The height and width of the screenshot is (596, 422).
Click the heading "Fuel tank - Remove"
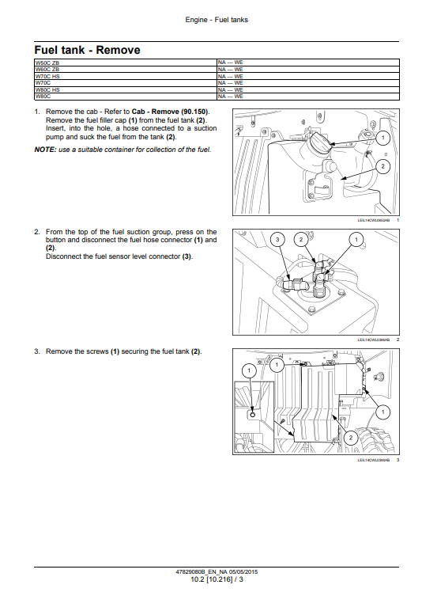87,50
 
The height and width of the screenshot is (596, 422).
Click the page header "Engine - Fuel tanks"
217,20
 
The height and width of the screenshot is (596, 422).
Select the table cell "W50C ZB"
126,63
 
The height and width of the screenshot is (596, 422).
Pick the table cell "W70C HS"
126,77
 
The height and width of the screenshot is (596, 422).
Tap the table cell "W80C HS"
126,90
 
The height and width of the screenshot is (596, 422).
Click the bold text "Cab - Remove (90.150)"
170,112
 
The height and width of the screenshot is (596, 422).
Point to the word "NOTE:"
45,150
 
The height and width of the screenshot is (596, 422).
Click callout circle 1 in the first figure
383,138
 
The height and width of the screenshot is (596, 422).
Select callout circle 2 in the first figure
383,166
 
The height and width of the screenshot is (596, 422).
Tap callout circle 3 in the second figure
277,240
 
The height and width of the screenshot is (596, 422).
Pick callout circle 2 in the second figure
301,240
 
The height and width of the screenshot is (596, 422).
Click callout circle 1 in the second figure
356,240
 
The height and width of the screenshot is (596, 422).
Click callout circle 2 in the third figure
351,438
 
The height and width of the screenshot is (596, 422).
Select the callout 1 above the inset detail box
249,370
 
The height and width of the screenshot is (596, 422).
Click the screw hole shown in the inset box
253,414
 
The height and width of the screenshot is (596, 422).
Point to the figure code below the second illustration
374,340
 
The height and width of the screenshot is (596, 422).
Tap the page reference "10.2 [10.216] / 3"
217,579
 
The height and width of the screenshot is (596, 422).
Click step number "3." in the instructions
37,351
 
